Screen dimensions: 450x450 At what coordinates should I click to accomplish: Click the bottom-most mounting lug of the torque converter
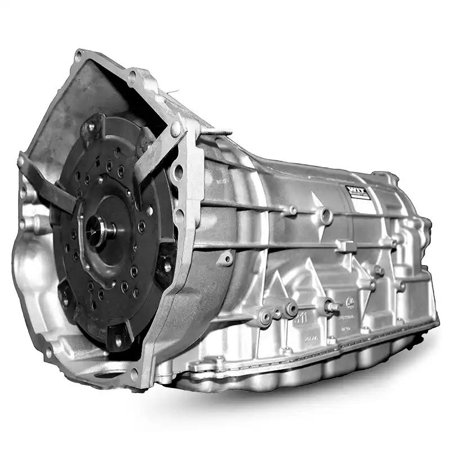tap(118, 337)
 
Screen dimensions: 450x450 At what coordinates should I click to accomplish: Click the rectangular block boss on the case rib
tap(344, 246)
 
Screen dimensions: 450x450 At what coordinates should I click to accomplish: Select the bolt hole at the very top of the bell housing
tap(79, 54)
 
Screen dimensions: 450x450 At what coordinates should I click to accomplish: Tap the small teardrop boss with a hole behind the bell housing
tap(226, 259)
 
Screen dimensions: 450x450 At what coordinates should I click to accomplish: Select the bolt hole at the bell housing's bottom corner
tap(134, 373)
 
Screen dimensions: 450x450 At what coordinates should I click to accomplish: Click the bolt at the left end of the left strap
tap(21, 162)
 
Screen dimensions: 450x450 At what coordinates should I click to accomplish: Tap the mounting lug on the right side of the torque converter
tap(166, 264)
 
